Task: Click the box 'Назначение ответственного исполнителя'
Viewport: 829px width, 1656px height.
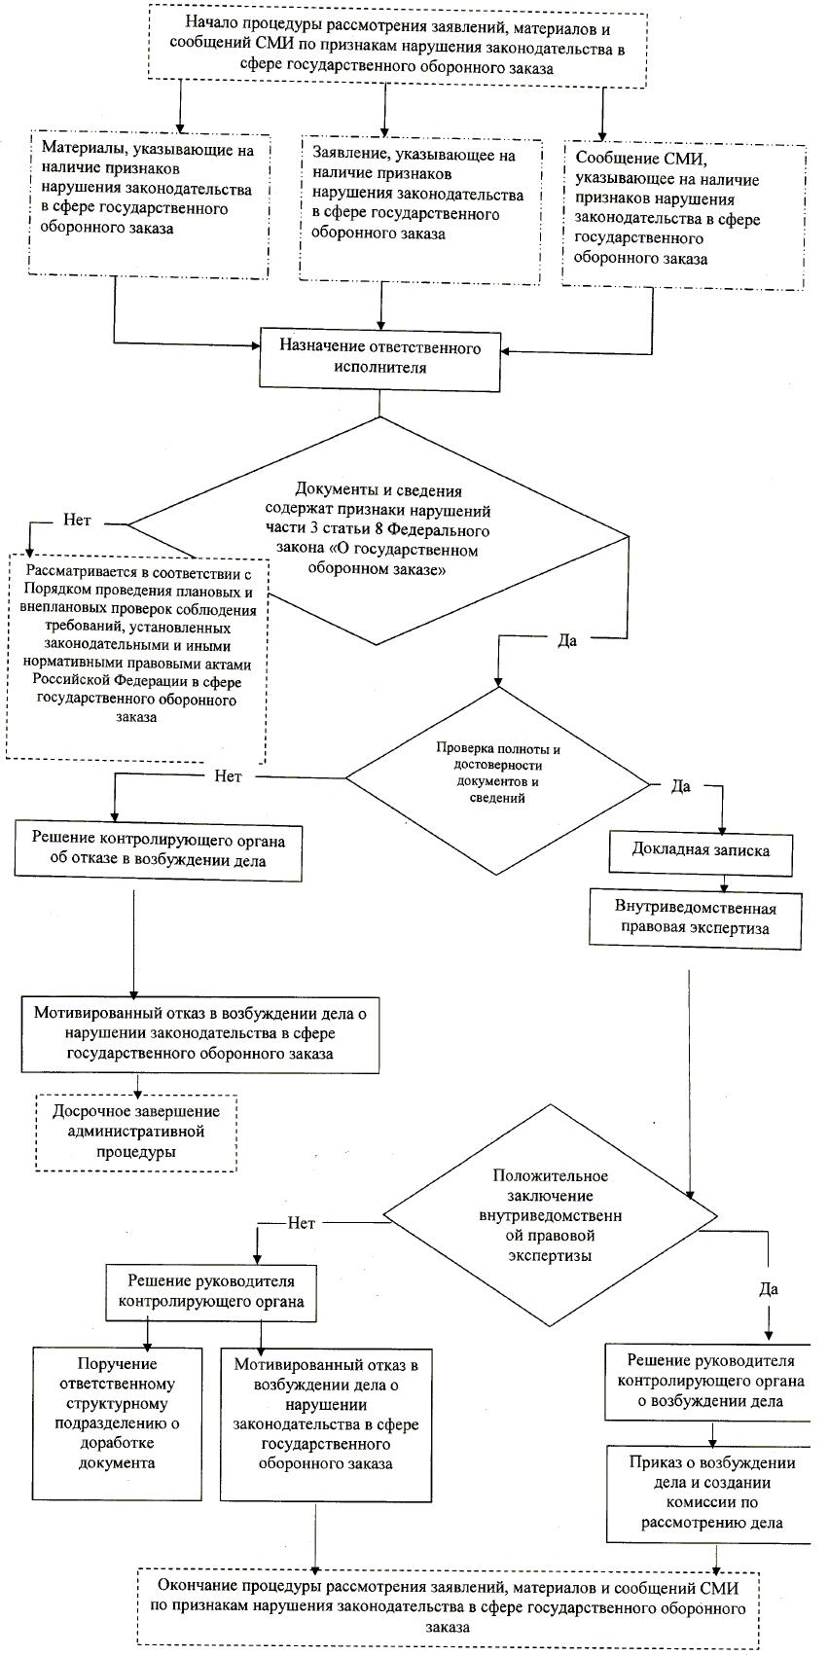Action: tap(379, 358)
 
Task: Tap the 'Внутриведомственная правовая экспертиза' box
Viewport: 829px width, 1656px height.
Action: tap(695, 918)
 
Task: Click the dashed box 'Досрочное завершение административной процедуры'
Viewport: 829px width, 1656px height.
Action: tap(136, 1132)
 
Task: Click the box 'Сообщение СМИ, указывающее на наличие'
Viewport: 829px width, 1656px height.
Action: tap(684, 216)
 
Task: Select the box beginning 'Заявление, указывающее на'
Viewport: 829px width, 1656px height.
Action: tap(418, 209)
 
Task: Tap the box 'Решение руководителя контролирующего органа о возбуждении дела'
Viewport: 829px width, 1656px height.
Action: tap(710, 1381)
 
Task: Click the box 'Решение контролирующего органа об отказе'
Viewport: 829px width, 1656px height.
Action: tap(157, 849)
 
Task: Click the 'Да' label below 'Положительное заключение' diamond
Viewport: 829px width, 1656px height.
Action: tap(769, 1289)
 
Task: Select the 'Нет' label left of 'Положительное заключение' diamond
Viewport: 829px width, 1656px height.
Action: tap(302, 1223)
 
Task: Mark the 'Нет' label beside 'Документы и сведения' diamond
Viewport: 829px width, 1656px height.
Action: tap(77, 521)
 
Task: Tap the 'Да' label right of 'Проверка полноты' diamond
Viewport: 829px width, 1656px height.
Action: tap(681, 786)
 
